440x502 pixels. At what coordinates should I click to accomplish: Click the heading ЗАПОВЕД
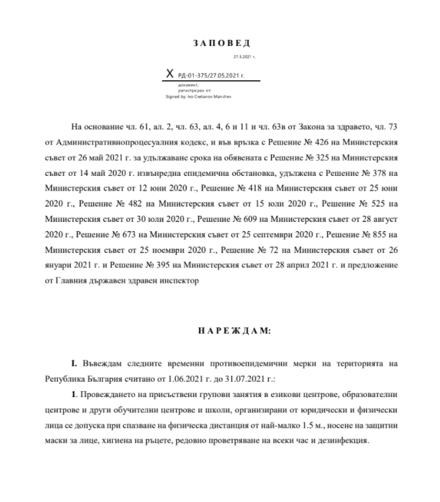222,43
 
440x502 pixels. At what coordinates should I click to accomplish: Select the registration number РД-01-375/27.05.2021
212,76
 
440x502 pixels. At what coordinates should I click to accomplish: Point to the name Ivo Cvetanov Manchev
212,96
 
